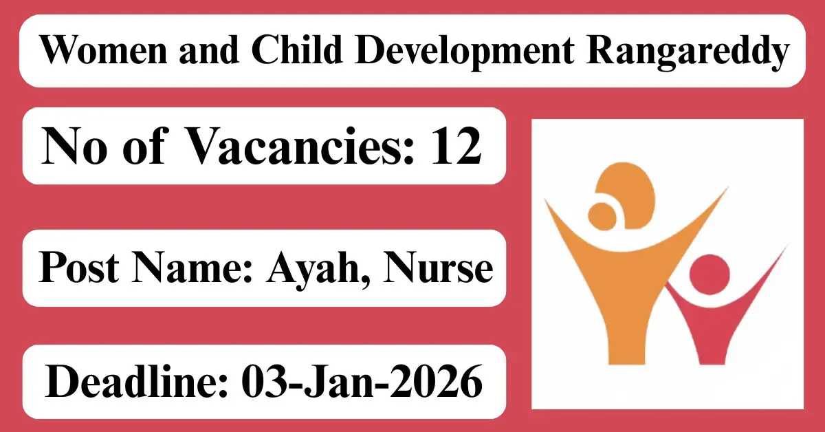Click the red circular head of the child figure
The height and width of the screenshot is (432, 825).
click(709, 273)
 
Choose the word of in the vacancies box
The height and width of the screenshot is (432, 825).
click(142, 147)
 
